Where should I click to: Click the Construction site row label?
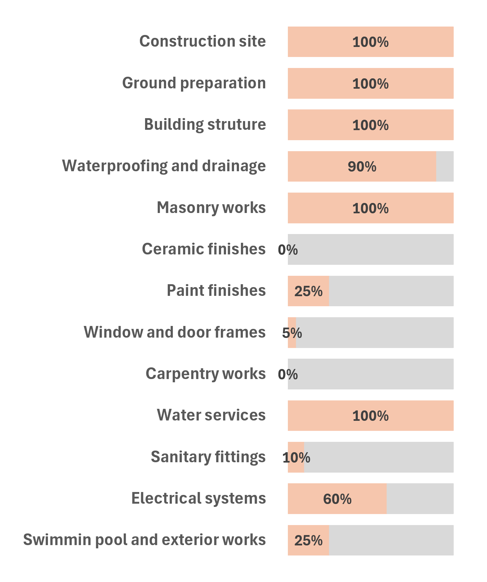(202, 41)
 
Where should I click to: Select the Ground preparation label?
(194, 83)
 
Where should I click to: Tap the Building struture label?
(205, 125)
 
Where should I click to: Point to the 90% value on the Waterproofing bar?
(362, 167)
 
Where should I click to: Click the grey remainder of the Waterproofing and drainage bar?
(445, 166)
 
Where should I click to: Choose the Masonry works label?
(211, 207)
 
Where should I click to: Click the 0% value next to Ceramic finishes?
(288, 250)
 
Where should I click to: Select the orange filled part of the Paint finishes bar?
(308, 291)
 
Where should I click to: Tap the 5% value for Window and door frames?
(292, 333)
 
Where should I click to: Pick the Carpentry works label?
(206, 374)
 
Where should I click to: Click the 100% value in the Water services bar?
(370, 416)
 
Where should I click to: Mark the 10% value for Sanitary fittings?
(296, 458)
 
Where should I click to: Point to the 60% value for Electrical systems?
(337, 499)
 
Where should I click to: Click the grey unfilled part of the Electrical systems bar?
(420, 499)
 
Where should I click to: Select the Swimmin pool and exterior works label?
(144, 540)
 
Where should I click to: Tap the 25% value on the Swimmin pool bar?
(308, 541)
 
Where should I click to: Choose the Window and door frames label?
(175, 332)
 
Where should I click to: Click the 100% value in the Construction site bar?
(370, 42)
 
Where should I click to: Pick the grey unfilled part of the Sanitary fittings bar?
(379, 457)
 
